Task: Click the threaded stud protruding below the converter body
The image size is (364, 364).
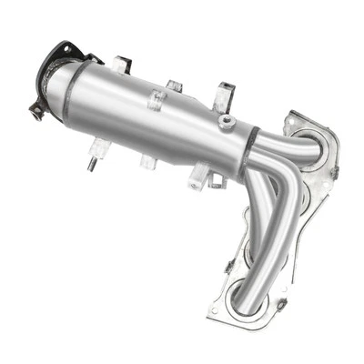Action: (x=94, y=166)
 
